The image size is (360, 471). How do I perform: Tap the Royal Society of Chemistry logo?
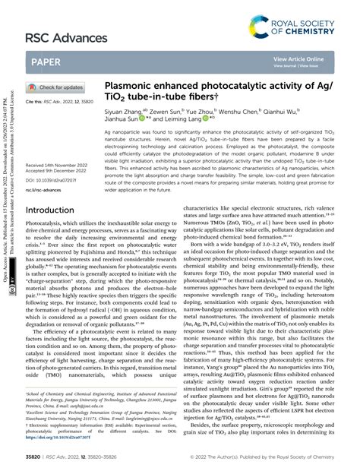pos(301,29)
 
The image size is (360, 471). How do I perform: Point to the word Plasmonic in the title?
pos(132,87)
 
